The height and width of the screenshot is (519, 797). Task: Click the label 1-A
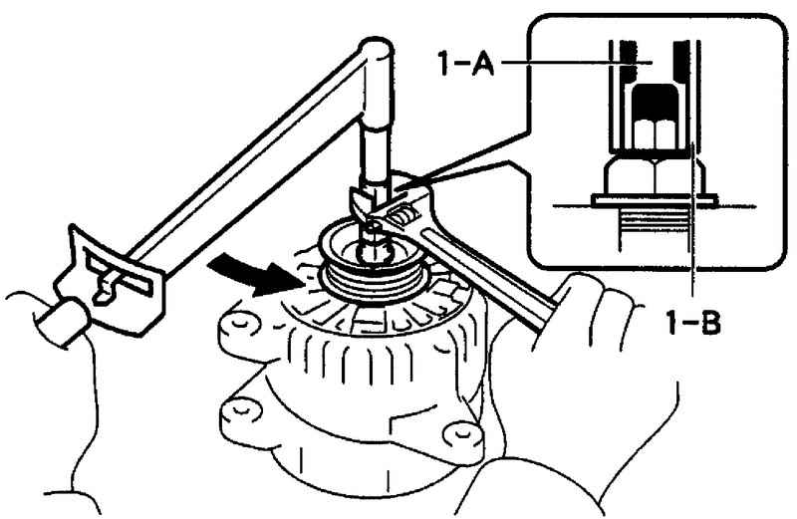tap(465, 64)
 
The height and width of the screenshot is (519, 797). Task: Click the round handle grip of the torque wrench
tap(62, 320)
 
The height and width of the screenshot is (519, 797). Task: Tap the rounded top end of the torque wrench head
tap(377, 48)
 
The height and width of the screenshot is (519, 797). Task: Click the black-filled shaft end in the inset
tap(655, 101)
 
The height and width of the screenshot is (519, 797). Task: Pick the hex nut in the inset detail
tap(655, 176)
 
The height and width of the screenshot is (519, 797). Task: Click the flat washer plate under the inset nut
tap(655, 201)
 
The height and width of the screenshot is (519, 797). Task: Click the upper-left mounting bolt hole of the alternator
tap(236, 327)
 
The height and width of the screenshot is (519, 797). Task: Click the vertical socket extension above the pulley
tap(377, 152)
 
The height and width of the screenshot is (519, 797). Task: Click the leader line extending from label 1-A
tap(575, 63)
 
